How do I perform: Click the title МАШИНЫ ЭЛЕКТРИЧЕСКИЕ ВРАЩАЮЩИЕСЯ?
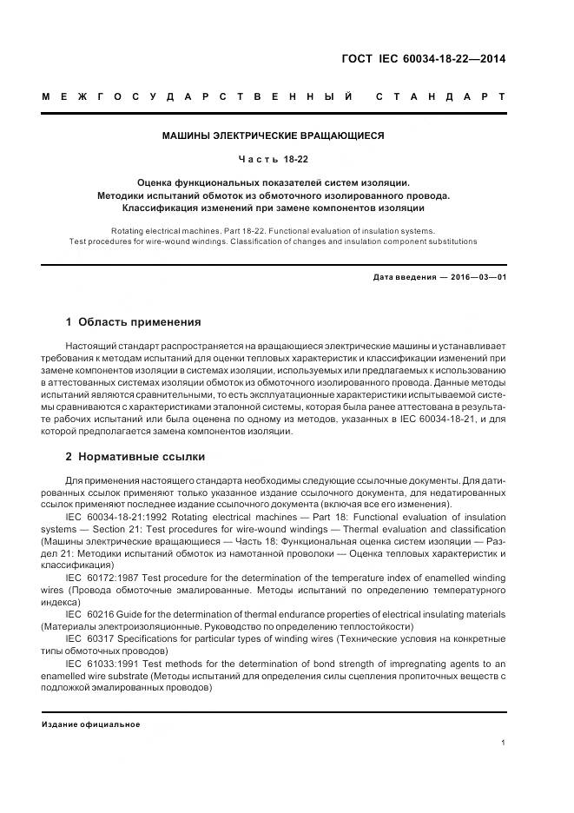tap(274, 135)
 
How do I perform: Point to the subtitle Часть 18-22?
tap(274, 159)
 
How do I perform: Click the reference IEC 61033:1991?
tap(102, 662)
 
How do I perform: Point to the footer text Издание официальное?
tap(91, 724)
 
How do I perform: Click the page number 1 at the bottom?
tap(504, 741)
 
